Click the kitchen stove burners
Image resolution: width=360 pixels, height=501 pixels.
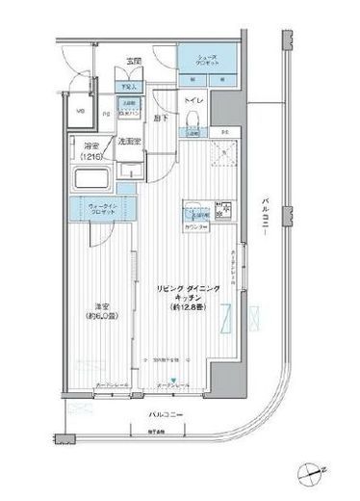click(x=224, y=206)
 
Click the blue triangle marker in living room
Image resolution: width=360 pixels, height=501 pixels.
click(x=174, y=379)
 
